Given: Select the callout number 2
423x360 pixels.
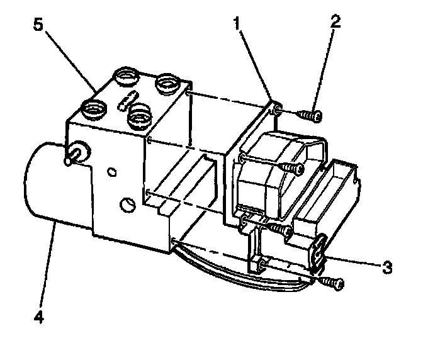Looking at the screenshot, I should click(336, 21).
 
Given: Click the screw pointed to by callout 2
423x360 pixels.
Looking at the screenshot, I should click(310, 115).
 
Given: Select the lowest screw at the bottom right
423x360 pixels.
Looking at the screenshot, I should click(330, 283).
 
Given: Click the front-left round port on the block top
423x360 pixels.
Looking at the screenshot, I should click(94, 109).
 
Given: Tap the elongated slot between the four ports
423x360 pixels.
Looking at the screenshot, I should click(128, 99).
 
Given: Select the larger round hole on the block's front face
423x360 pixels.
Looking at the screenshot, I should click(128, 205).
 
